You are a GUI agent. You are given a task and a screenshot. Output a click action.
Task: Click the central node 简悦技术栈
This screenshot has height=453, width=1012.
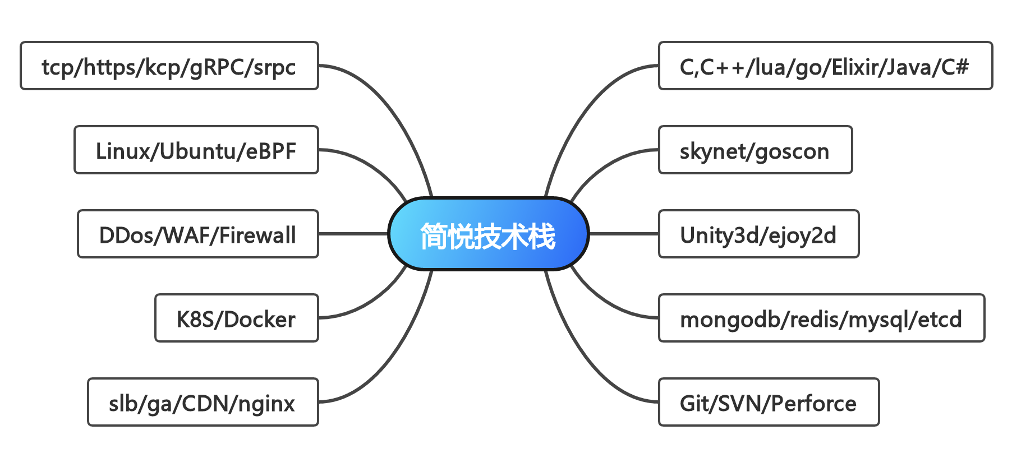[488, 234]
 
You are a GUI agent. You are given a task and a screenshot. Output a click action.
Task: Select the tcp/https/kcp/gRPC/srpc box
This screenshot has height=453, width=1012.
[169, 66]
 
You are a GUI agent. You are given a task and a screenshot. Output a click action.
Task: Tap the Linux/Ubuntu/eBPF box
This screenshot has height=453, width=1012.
[196, 150]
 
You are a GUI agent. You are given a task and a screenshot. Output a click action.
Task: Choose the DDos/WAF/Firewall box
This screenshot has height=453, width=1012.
[197, 234]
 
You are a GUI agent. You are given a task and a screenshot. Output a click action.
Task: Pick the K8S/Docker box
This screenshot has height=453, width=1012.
[236, 318]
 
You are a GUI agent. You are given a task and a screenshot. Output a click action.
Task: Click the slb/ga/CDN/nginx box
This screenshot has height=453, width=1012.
[203, 402]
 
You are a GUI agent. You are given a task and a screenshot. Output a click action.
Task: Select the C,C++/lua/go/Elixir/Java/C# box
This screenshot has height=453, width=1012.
[825, 66]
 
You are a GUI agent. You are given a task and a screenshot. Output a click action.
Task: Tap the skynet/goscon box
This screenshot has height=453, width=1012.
[755, 150]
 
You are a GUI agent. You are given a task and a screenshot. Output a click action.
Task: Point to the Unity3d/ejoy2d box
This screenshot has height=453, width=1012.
[758, 234]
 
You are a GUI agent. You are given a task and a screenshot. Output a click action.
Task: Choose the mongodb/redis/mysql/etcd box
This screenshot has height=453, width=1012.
[821, 318]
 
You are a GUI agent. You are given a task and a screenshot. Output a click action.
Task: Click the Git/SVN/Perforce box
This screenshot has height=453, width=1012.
[768, 402]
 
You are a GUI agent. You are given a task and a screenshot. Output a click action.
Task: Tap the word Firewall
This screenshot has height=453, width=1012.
[257, 235]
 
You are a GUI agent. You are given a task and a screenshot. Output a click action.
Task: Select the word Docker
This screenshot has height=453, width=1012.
[260, 319]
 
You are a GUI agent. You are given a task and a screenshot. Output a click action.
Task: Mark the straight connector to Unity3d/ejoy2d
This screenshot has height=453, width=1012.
[623, 234]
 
